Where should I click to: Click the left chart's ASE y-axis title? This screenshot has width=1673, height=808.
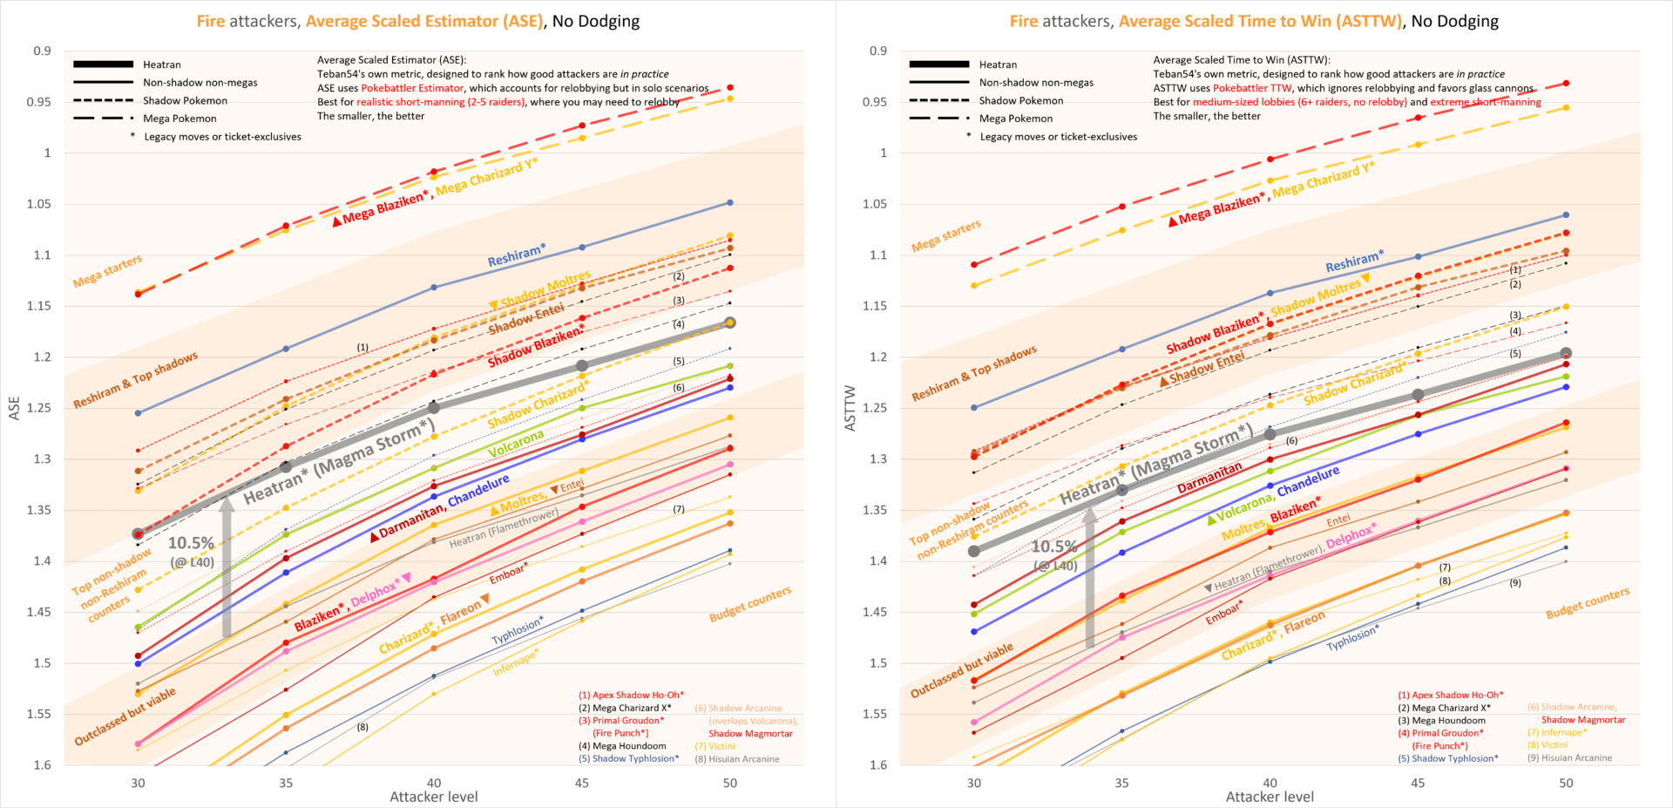point(14,408)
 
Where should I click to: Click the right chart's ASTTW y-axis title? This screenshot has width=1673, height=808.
point(850,408)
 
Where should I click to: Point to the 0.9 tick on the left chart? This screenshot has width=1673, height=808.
point(42,51)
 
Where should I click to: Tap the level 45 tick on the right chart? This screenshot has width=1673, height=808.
point(1418,783)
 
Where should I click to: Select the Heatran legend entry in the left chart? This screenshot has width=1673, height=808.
point(161,65)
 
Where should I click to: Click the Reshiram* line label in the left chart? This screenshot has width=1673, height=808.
point(516,255)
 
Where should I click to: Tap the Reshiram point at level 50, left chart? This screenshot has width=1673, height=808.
point(730,202)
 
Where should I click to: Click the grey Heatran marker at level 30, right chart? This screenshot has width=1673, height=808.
point(974,551)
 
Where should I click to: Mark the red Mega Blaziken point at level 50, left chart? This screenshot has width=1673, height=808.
point(730,87)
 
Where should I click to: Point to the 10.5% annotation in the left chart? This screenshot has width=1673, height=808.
point(191,543)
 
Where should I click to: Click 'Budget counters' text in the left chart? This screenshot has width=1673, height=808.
point(749,604)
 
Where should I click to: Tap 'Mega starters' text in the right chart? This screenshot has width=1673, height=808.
point(945,236)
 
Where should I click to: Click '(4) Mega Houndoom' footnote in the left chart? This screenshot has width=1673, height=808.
point(622,746)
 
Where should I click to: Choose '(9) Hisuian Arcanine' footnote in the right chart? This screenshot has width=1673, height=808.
point(1569,757)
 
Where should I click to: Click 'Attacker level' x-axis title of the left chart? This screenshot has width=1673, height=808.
point(433,797)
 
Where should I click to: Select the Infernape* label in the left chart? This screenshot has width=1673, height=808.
point(515,663)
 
